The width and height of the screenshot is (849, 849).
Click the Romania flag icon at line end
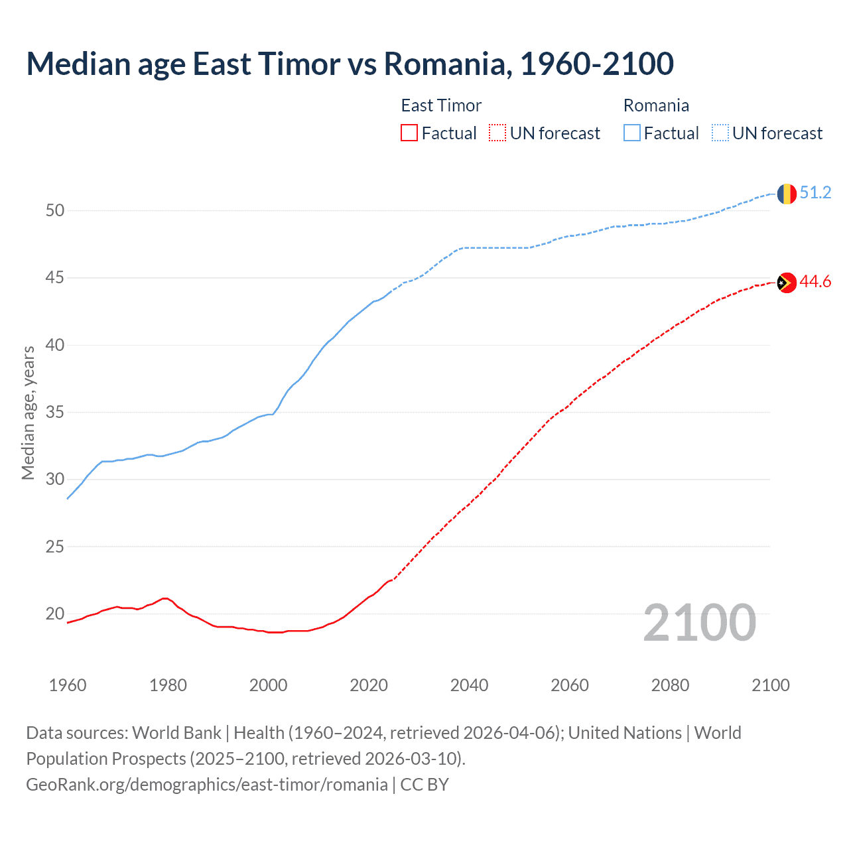786,193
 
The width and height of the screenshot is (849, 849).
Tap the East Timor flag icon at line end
786,283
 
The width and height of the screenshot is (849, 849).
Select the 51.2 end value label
815,193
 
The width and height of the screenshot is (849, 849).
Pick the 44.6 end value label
815,282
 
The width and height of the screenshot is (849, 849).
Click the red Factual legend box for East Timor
409,133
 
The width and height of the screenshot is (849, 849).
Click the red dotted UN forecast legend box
497,133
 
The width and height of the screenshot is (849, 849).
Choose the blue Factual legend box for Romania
632,133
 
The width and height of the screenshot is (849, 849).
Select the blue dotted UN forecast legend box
720,133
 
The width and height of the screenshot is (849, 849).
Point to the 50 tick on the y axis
55,211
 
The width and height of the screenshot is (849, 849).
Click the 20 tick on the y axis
55,614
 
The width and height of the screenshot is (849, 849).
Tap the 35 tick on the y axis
55,413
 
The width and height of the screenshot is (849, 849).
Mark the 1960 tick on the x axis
68,685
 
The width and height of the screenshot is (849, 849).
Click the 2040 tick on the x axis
469,685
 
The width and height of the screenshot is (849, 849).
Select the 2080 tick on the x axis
670,685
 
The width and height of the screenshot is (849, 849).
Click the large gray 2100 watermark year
699,623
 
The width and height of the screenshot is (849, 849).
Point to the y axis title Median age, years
28,413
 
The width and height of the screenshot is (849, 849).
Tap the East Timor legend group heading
441,105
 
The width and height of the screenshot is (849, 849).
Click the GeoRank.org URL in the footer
207,785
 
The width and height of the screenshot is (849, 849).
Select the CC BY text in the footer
424,785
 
